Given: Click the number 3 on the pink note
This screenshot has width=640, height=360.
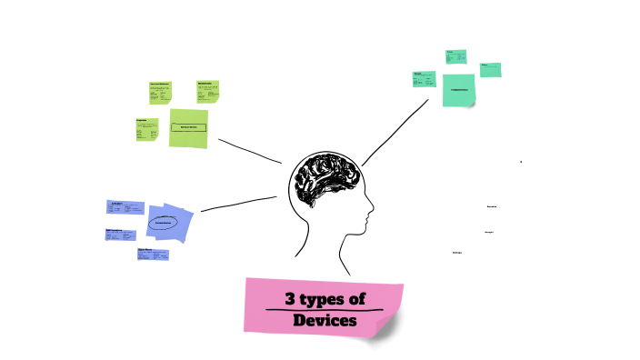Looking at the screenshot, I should tap(291, 298).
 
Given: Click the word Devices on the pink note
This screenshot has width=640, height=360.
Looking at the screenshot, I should tap(325, 321).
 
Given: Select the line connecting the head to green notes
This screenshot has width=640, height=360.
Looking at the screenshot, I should tap(250, 151).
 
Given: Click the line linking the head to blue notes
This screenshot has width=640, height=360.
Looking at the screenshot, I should tap(238, 204).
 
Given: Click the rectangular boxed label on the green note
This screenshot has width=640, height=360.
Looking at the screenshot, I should tap(189, 127).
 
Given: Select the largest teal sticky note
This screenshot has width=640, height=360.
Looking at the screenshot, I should tap(459, 89).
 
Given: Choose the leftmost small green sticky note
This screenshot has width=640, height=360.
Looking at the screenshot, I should tap(145, 129).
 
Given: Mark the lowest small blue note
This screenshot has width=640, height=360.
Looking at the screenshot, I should tap(153, 255).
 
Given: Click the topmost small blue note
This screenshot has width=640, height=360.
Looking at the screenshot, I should tap(125, 206).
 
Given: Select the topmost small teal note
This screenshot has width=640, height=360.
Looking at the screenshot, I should tap(455, 56).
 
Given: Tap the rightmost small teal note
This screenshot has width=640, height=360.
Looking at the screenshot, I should tap(490, 69).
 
